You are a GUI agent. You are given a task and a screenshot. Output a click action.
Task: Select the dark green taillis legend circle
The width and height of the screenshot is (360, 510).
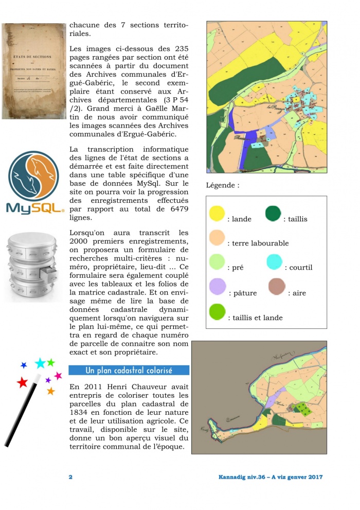(273, 213)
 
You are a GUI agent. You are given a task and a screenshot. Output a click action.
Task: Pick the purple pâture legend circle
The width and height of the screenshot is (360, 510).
(218, 287)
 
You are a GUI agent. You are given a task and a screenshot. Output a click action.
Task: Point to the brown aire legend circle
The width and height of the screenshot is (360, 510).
(276, 287)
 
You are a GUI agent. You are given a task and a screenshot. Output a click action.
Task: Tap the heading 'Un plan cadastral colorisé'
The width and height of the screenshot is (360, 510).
(129, 371)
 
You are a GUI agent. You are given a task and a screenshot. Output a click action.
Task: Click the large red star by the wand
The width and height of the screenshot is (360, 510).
(22, 382)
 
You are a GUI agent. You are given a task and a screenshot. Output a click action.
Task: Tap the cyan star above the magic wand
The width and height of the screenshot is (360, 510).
(40, 363)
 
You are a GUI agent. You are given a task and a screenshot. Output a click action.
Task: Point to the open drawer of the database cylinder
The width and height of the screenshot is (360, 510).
(47, 272)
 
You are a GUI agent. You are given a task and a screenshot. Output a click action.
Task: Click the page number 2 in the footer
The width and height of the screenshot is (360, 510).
(71, 477)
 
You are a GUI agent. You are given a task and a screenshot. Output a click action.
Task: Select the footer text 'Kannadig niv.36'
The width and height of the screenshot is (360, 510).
(240, 477)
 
